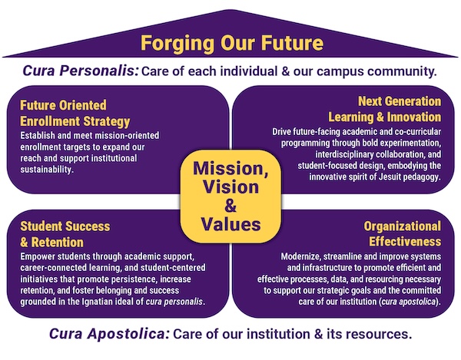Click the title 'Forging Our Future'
pyautogui.click(x=230, y=41)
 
